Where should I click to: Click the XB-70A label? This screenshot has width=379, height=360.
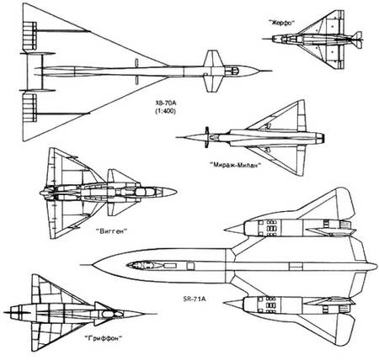[166, 103]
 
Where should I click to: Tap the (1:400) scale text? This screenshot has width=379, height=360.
[166, 111]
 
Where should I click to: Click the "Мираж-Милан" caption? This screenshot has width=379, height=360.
[235, 165]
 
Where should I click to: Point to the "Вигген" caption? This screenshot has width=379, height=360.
[112, 231]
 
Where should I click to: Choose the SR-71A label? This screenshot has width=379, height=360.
[195, 299]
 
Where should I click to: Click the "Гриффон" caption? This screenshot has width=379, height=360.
[104, 338]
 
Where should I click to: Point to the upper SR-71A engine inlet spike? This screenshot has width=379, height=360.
[234, 230]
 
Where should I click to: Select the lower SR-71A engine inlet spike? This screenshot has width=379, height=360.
[234, 304]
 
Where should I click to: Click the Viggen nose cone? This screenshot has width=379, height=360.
[169, 192]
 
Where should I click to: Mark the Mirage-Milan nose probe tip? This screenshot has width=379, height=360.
[176, 137]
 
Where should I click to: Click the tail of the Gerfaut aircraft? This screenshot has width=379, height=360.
[357, 40]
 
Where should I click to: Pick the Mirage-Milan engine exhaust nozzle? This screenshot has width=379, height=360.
[320, 137]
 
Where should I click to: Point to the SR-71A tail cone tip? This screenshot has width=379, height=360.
[376, 267]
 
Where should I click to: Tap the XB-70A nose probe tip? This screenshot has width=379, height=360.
[272, 71]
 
